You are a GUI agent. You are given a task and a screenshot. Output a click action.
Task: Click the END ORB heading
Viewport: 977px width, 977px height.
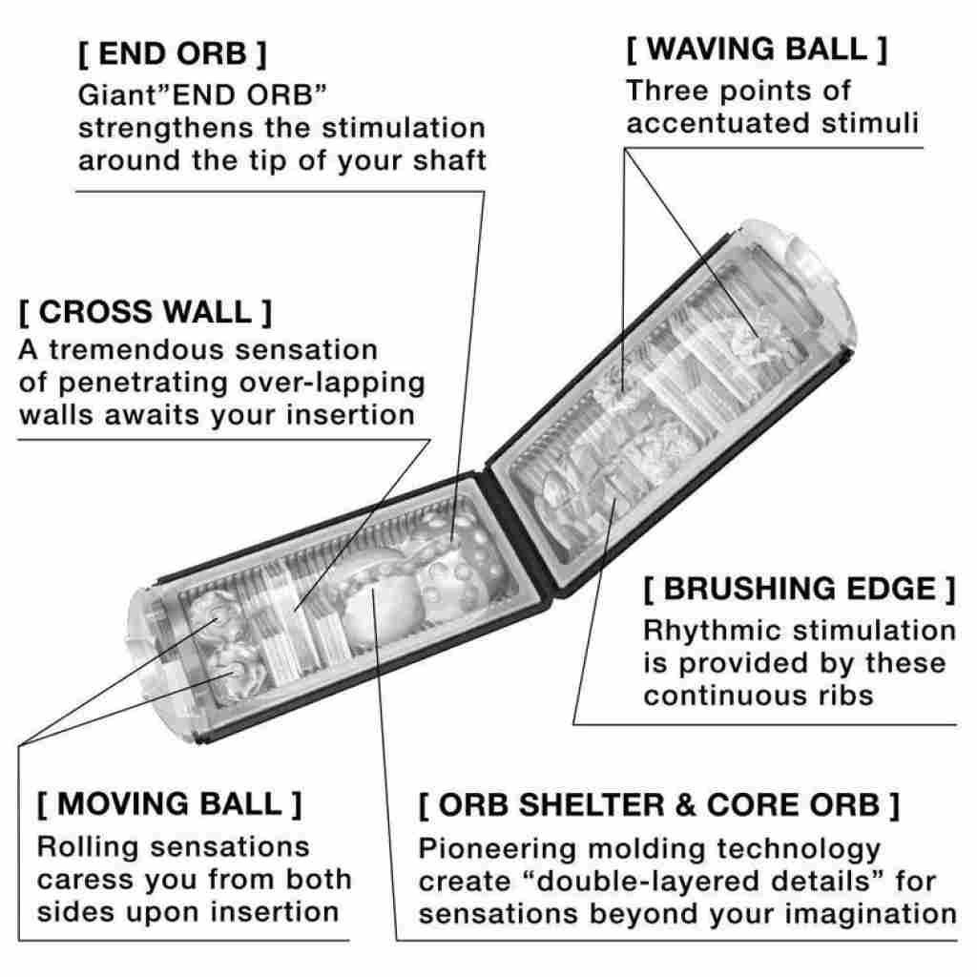172,54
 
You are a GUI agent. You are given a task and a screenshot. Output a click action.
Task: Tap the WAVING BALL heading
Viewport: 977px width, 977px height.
757,50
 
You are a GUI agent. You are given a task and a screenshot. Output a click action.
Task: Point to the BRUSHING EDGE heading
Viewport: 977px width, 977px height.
799,589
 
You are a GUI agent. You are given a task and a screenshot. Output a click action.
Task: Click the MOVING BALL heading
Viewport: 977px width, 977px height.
170,803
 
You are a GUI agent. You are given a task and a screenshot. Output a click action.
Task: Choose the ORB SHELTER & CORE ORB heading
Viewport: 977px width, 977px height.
659,804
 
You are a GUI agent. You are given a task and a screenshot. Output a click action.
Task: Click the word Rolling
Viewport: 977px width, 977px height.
88,846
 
